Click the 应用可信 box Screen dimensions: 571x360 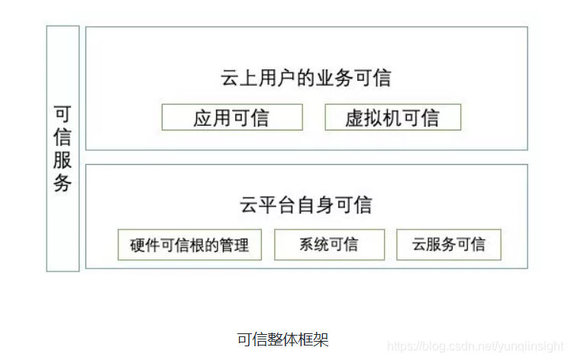(x=231, y=117)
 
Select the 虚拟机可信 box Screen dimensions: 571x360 (x=392, y=117)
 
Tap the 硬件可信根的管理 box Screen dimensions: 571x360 (x=189, y=245)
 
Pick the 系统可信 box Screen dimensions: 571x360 (x=328, y=245)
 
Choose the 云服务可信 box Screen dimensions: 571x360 (x=449, y=245)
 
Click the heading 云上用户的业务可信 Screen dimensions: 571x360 (x=306, y=79)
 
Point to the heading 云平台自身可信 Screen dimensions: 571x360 (x=306, y=205)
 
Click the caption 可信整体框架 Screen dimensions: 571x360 (x=282, y=339)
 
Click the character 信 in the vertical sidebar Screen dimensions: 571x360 (x=63, y=137)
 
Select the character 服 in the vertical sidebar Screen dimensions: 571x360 (x=63, y=160)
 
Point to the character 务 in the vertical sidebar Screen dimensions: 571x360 (x=63, y=184)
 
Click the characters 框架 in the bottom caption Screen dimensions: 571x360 (x=314, y=339)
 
